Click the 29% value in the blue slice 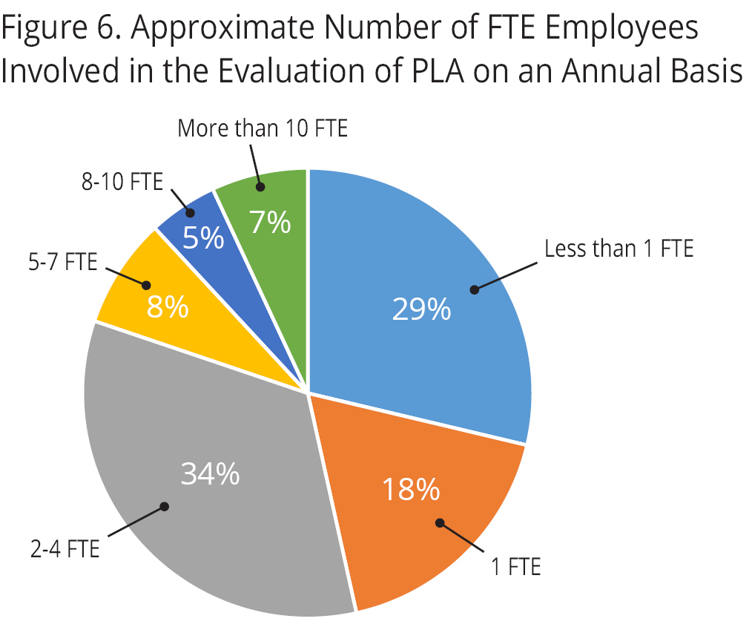421,309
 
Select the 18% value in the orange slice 411,489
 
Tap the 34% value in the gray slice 210,474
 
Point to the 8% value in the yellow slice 167,306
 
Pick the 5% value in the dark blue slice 204,238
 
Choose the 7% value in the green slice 270,223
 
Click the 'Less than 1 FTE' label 619,249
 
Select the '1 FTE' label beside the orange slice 516,568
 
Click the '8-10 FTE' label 122,182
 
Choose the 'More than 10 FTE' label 263,128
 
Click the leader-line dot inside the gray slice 165,507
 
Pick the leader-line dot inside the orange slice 440,522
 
